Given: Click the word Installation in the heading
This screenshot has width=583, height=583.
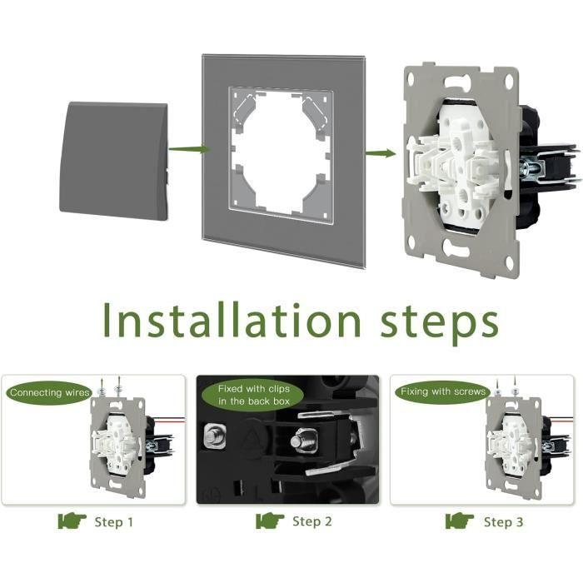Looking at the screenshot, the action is tap(232, 320).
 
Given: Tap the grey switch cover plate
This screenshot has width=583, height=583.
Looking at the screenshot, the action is tap(114, 161).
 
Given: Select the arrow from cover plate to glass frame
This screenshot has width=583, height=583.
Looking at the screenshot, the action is tap(190, 149).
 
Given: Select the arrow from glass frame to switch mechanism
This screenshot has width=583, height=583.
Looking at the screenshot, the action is tap(381, 152).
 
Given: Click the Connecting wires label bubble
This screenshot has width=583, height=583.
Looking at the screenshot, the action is tap(49, 392).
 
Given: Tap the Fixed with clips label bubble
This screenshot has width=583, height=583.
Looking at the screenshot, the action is tap(253, 395).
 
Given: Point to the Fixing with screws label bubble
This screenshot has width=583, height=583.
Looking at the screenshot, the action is tap(443, 391).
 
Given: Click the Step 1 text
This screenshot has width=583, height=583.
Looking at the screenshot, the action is tap(113, 522).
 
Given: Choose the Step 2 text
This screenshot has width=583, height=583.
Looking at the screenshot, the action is tap(312, 521).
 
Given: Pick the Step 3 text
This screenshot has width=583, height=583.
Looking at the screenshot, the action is tap(503, 522).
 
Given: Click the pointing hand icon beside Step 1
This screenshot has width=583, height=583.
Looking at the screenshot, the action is tap(72, 521).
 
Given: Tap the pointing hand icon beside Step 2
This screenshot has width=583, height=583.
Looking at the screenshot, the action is tap(270, 521).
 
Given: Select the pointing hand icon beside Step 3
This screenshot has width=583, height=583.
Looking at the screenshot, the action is tap(460, 521).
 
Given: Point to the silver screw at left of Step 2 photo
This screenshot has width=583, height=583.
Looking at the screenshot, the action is tap(215, 435).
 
